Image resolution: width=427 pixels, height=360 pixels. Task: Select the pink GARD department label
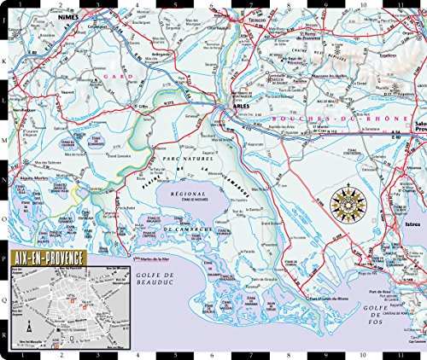[x=114, y=76]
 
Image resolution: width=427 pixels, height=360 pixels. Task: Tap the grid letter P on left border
[x=4, y=253]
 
